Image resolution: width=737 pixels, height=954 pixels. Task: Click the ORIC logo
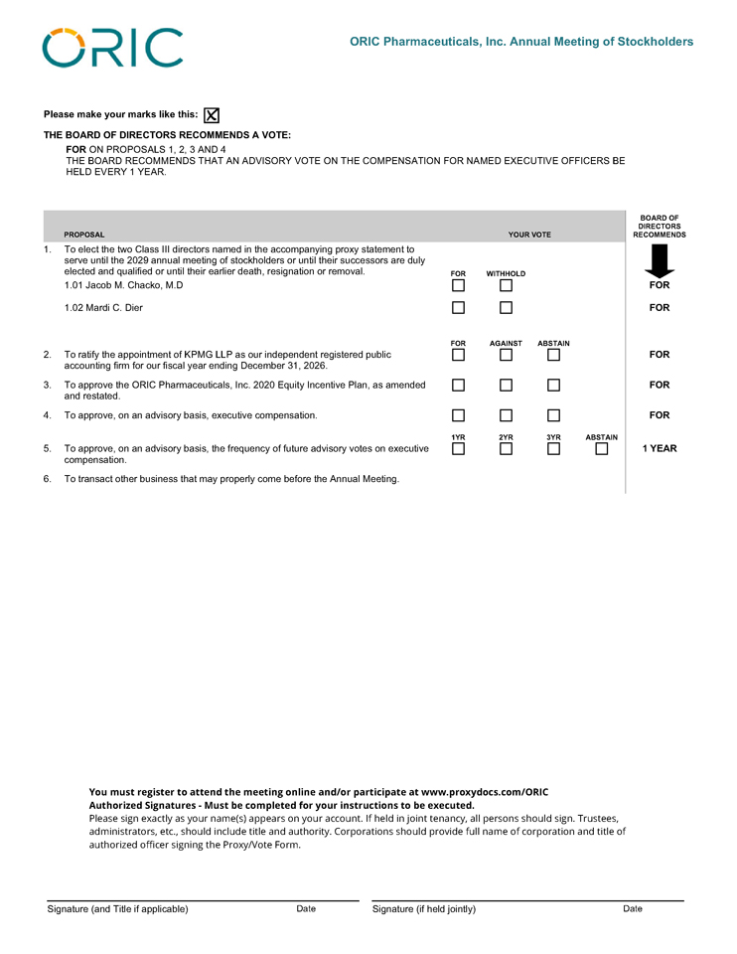click(112, 48)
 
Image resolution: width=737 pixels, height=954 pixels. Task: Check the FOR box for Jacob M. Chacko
click(458, 286)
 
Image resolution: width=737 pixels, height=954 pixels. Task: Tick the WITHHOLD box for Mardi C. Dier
click(506, 308)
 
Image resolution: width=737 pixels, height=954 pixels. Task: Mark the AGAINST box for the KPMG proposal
click(506, 355)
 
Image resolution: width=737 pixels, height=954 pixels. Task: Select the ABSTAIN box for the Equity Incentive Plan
click(553, 386)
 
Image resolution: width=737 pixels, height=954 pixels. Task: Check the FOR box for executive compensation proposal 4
click(458, 415)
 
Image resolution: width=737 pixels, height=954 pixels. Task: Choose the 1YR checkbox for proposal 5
click(458, 449)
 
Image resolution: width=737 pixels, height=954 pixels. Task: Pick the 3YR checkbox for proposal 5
click(553, 449)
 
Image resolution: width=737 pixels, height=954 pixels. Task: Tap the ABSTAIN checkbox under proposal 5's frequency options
click(601, 449)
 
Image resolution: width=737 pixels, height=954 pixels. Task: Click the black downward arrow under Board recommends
click(659, 261)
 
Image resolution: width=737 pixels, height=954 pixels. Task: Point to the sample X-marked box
click(212, 115)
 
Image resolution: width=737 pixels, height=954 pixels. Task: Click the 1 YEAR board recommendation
click(659, 448)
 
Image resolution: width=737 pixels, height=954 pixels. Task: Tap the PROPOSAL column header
click(84, 235)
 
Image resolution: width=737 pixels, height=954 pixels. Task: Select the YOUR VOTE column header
click(529, 235)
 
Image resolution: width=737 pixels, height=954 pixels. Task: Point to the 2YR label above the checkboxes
click(506, 437)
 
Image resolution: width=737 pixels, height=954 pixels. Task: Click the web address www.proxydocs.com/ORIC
click(485, 792)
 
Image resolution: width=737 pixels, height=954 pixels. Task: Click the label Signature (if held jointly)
click(424, 909)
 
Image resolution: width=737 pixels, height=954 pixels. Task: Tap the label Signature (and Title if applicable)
click(118, 909)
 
